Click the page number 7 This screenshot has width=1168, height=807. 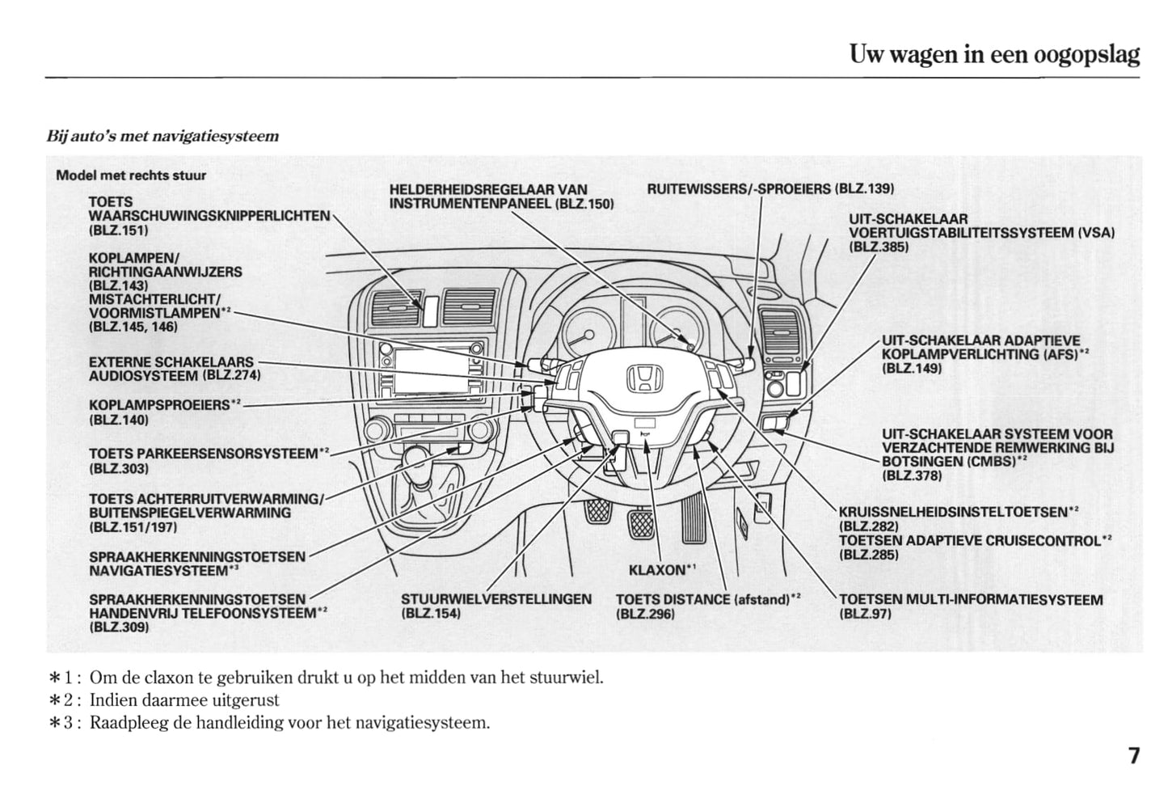click(x=1134, y=757)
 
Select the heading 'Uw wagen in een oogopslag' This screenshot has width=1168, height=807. click(x=993, y=54)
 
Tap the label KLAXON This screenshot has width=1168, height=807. click(x=656, y=570)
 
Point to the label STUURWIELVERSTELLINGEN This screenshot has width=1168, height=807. click(x=495, y=599)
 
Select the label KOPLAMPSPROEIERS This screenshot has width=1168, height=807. click(x=159, y=404)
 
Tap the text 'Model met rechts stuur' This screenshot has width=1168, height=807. click(x=131, y=175)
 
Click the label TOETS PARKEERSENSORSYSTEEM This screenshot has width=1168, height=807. click(x=203, y=454)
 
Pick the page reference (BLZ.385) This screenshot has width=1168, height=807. click(x=879, y=247)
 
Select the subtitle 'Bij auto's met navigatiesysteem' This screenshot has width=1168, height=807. click(x=162, y=136)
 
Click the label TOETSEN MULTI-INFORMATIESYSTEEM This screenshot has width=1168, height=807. click(x=971, y=600)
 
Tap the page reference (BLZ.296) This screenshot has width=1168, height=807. click(x=645, y=614)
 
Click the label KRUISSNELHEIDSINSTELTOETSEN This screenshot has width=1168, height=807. click(x=953, y=512)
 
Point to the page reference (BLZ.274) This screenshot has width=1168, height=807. click(x=232, y=375)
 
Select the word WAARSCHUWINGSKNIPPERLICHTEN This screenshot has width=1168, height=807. click(x=209, y=216)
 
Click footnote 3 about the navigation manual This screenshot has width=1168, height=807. click(x=289, y=722)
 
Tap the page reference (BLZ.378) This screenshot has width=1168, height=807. click(x=912, y=475)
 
